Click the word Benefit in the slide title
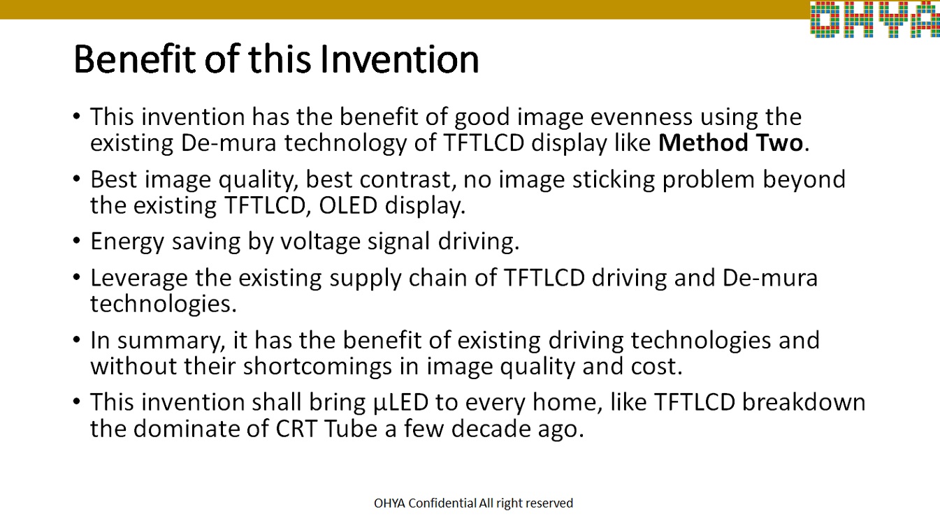(x=135, y=59)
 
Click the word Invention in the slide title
(x=399, y=59)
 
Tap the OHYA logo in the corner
(x=875, y=20)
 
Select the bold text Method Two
(x=730, y=142)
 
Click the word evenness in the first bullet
(x=641, y=117)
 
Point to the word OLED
(x=348, y=205)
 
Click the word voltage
(x=320, y=242)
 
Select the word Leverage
(x=139, y=279)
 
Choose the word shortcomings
(x=317, y=367)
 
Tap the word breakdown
(x=804, y=402)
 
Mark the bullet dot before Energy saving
(x=76, y=241)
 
